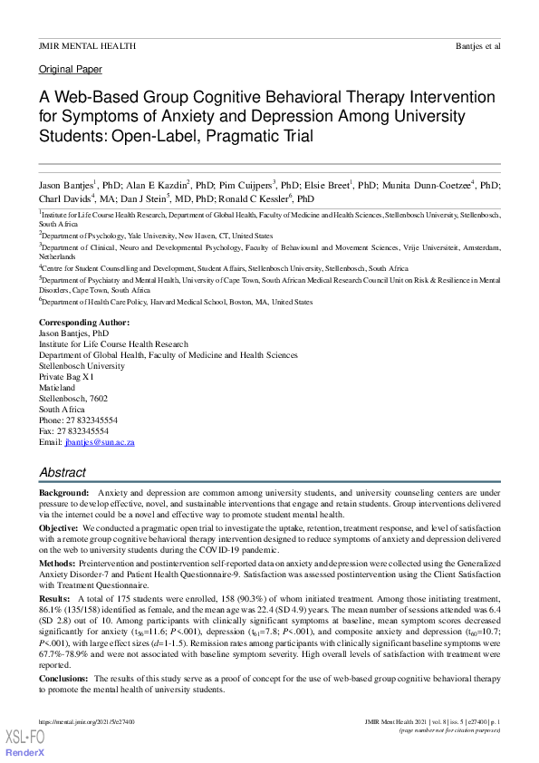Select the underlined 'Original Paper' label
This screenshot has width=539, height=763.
71,70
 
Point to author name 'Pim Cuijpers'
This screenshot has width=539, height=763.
243,184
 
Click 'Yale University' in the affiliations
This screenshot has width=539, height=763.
139,235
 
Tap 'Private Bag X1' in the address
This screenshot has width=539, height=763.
66,375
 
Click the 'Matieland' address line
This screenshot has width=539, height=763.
58,387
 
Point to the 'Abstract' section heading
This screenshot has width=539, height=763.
63,472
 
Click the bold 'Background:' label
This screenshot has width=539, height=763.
64,491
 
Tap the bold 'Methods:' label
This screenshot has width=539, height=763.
58,562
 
